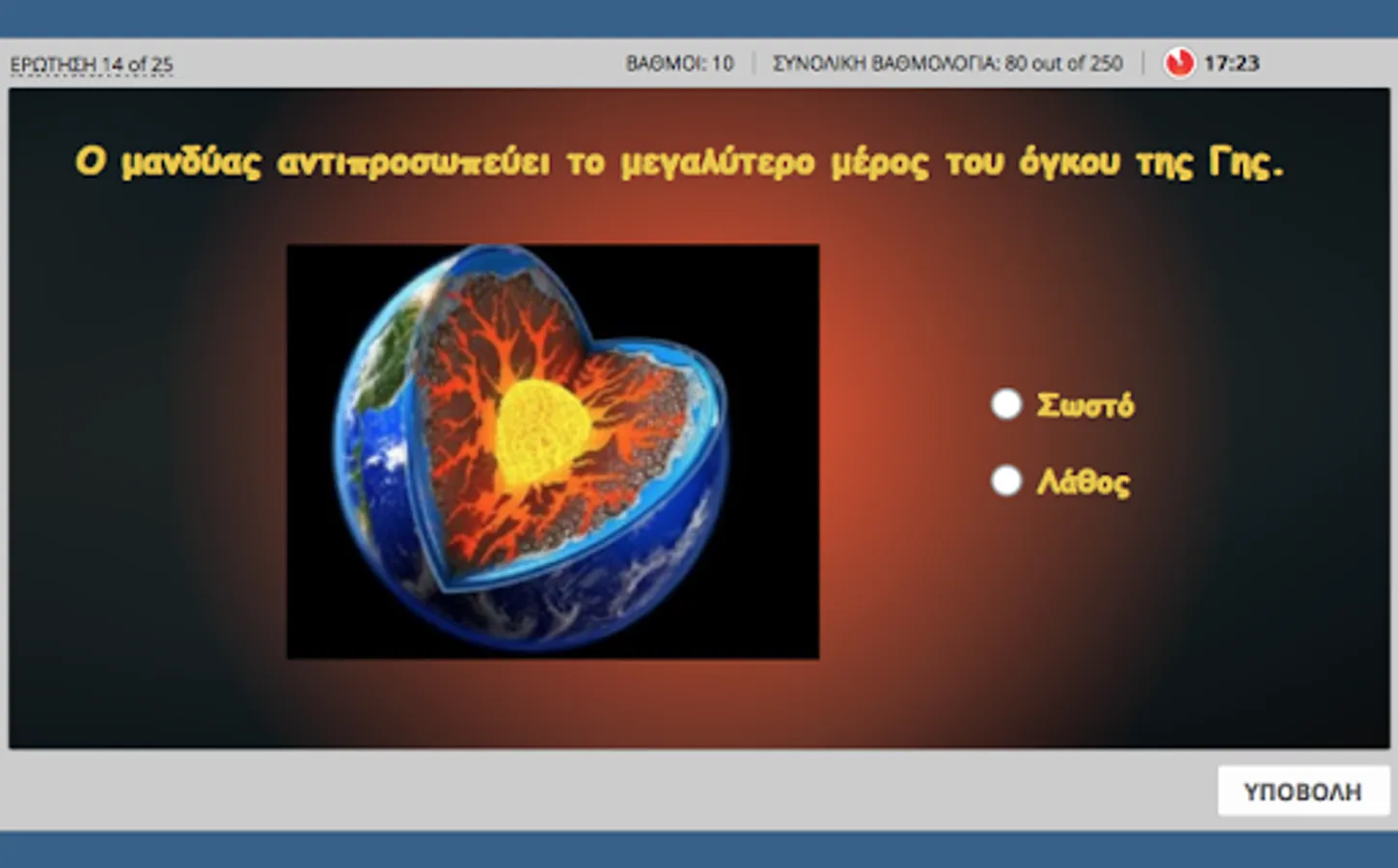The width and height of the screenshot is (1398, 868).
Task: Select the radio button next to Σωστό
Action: [1006, 404]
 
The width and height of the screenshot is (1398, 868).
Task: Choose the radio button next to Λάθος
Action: [1006, 480]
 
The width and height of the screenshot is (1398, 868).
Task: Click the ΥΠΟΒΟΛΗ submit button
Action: [1303, 791]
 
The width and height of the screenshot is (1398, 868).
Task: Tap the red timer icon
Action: [1179, 63]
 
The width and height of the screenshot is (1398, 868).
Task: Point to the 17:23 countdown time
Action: [1231, 63]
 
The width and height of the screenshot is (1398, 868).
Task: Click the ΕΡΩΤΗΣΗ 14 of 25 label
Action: [92, 65]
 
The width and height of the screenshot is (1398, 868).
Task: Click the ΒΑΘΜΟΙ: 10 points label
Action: [679, 63]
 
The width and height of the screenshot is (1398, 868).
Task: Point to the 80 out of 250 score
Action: [1063, 63]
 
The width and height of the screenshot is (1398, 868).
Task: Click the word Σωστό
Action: [1085, 405]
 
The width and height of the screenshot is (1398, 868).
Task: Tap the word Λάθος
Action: [1083, 481]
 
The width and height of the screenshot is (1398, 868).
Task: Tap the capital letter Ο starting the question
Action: [90, 162]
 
